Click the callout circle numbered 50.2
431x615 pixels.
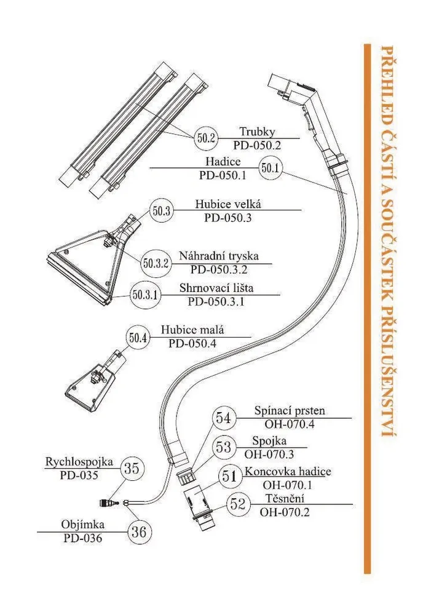click(206, 138)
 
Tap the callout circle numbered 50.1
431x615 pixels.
click(271, 167)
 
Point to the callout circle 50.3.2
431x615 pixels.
click(156, 263)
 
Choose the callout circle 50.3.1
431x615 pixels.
click(146, 295)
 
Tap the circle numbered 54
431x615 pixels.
click(225, 418)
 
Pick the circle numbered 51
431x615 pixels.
click(229, 475)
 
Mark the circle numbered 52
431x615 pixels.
click(237, 504)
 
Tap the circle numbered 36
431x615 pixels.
click(140, 532)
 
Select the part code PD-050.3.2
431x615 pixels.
click(219, 269)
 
